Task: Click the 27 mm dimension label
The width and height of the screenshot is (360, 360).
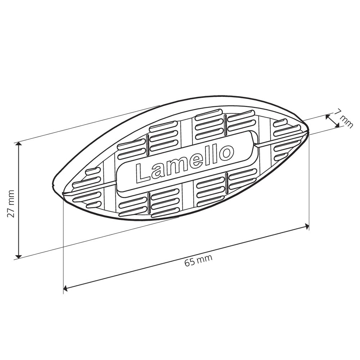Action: coord(11,204)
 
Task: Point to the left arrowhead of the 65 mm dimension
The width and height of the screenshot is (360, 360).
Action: coord(66,288)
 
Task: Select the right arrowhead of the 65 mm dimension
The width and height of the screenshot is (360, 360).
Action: coord(307,226)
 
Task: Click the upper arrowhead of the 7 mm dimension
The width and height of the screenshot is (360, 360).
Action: coord(328,117)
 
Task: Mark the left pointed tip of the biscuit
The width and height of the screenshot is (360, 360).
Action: coord(54,184)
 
